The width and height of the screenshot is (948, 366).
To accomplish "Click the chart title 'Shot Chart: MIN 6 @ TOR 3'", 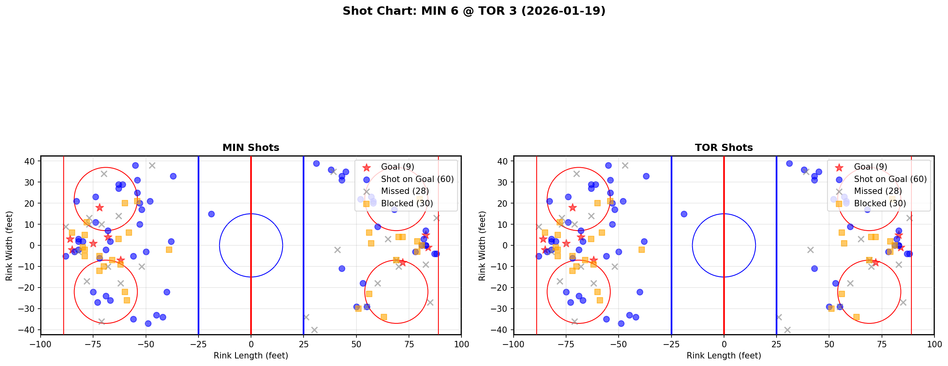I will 474,11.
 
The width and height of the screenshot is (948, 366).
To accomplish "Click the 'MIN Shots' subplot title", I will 251,148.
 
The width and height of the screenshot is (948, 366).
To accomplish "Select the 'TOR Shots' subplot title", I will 724,148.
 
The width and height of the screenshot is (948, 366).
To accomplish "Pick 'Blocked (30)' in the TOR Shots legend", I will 880,204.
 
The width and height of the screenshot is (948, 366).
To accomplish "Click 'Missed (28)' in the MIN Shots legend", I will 405,191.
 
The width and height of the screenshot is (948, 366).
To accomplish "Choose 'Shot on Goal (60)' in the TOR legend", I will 890,179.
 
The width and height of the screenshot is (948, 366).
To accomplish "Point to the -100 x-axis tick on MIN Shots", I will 41,344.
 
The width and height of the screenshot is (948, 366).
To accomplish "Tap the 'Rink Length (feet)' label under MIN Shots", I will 251,356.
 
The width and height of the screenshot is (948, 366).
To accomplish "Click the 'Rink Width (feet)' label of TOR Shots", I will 482,246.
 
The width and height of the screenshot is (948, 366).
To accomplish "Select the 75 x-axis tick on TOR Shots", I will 882,344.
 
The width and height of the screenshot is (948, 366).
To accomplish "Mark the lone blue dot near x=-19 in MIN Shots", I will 211,214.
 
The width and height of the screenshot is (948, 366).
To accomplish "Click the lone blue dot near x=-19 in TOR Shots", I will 684,214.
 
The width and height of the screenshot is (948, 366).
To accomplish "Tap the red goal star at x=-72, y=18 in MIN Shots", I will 99,207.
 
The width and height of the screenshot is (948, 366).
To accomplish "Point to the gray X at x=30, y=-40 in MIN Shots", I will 314,330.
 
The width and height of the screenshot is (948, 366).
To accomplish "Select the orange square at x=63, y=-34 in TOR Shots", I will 856,317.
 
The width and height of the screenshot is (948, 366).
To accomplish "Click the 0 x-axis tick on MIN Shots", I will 251,344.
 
